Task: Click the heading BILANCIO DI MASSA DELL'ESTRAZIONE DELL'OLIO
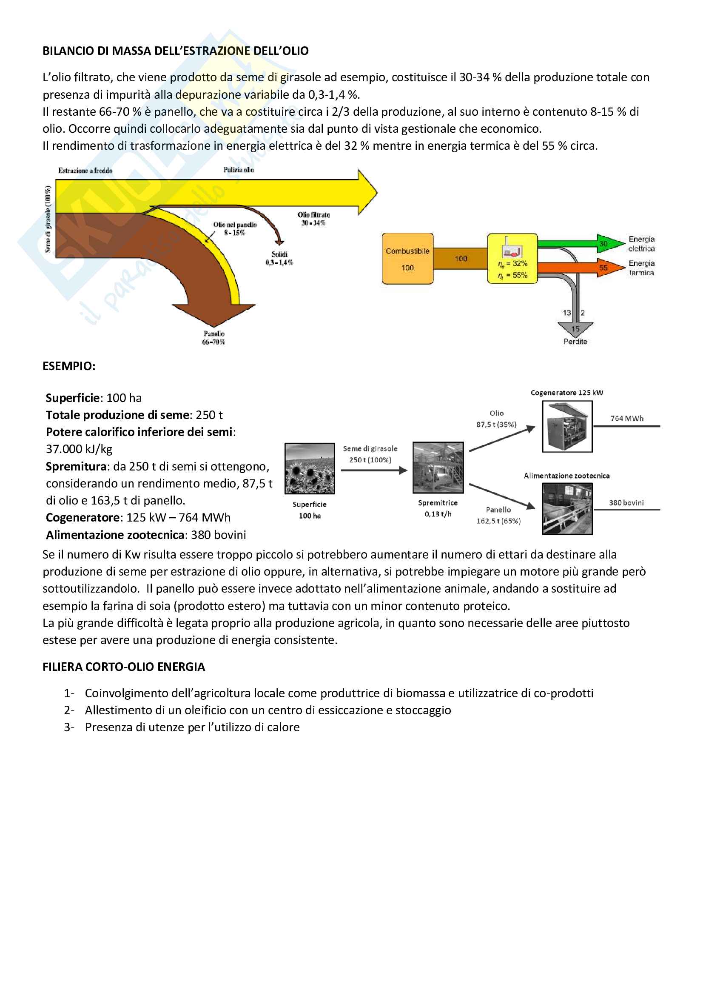click(x=175, y=51)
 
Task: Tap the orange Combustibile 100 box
click(x=407, y=259)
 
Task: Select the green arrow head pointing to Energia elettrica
click(x=610, y=243)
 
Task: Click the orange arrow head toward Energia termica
click(x=610, y=268)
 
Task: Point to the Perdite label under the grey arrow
click(x=575, y=342)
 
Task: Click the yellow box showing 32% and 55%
click(x=512, y=259)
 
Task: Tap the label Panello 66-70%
click(x=213, y=338)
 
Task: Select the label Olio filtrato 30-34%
click(x=313, y=219)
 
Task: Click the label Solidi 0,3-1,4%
click(x=279, y=258)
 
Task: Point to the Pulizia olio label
click(x=239, y=170)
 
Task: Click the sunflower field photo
click(x=309, y=468)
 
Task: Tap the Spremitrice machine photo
click(x=438, y=468)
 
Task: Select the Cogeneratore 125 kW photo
click(x=567, y=426)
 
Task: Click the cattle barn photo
click(x=567, y=509)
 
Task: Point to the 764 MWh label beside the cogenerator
click(x=627, y=419)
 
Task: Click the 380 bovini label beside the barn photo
click(x=626, y=503)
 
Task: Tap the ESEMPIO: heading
click(x=69, y=366)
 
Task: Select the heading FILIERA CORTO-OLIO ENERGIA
click(x=123, y=667)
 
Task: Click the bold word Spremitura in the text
click(x=76, y=467)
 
